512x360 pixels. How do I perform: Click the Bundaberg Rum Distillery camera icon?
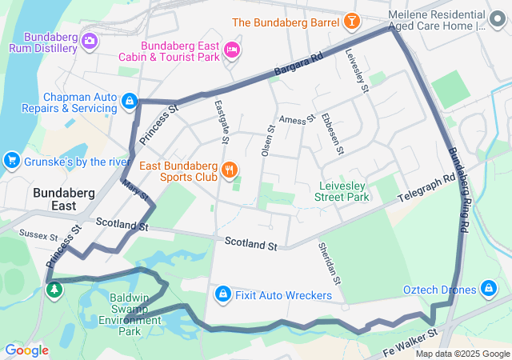tap(90, 40)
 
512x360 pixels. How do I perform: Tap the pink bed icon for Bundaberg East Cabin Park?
tap(233, 50)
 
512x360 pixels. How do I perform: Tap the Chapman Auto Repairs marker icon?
tap(130, 101)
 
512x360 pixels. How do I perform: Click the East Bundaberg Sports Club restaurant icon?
tap(230, 168)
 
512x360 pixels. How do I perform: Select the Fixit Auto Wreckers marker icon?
tap(223, 295)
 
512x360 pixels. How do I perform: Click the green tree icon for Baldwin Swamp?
tap(54, 290)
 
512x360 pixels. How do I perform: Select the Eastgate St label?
tap(223, 122)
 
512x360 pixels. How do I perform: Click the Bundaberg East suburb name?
tap(65, 200)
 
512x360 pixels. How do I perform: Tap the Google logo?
tap(26, 350)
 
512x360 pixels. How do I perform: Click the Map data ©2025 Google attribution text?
tap(462, 354)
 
